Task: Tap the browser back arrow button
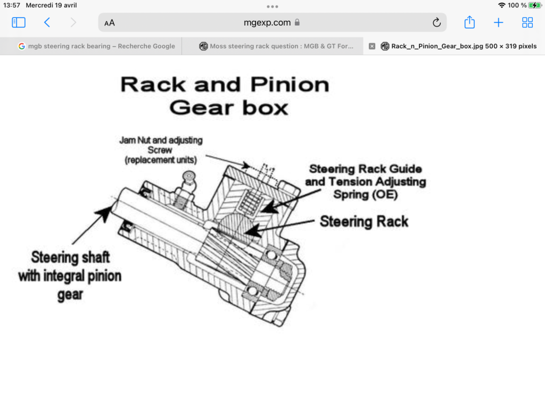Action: point(47,22)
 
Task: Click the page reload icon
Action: point(436,22)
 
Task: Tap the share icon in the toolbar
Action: point(469,22)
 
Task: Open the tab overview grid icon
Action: point(527,22)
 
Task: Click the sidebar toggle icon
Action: point(19,22)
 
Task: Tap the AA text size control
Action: point(110,23)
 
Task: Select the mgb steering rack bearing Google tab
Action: point(97,46)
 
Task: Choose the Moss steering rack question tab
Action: point(276,46)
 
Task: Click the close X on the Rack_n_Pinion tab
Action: point(372,46)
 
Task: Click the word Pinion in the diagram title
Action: point(290,85)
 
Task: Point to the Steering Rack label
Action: point(364,222)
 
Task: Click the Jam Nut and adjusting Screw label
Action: point(161,150)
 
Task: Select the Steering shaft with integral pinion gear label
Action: point(70,276)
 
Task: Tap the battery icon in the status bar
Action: point(534,5)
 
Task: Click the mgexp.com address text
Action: point(267,22)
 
